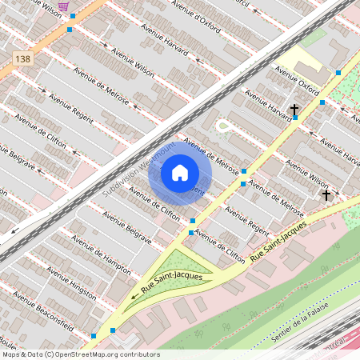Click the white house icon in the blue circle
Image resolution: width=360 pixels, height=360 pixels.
tap(180, 173)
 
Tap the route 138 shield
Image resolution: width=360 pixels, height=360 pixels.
tap(22, 59)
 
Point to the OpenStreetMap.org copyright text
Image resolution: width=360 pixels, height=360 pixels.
tap(80, 354)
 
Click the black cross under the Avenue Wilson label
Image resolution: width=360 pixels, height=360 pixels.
tap(326, 194)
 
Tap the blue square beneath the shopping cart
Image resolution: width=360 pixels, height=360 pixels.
tap(70, 29)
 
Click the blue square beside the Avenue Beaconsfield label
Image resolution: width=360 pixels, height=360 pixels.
tap(94, 336)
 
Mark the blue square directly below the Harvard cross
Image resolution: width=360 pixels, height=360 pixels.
tap(295, 118)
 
